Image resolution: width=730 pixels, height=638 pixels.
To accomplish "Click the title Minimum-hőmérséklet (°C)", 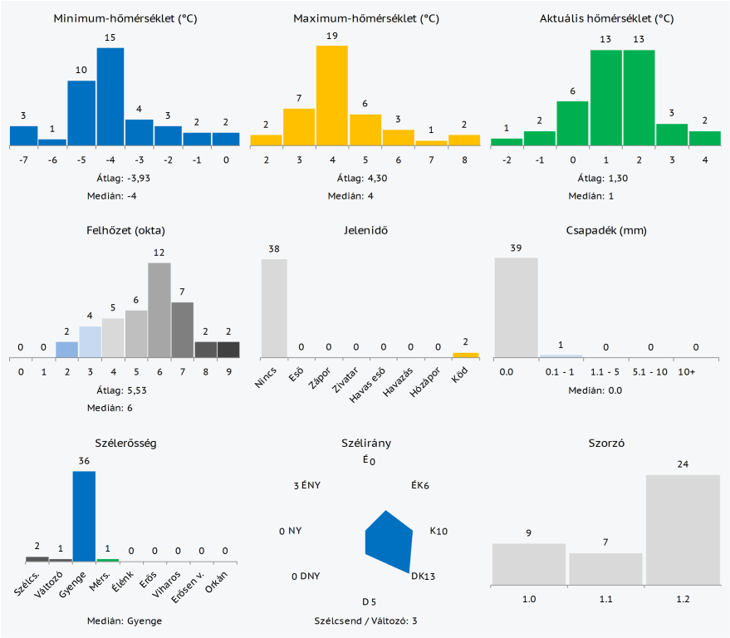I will (125, 18).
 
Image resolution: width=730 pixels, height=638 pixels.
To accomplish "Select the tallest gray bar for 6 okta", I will (159, 310).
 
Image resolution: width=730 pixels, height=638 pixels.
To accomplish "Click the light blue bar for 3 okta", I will (90, 341).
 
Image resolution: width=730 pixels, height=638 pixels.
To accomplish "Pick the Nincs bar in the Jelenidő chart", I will (274, 308).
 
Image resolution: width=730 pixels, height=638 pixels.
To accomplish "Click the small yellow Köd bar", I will (466, 355).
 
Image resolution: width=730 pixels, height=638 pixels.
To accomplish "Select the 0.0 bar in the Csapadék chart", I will (516, 307).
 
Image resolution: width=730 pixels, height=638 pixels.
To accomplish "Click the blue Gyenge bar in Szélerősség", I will (84, 516).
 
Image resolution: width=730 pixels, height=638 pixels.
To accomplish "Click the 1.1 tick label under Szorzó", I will (605, 598).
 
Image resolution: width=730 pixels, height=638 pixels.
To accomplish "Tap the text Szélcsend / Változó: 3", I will (365, 621).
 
